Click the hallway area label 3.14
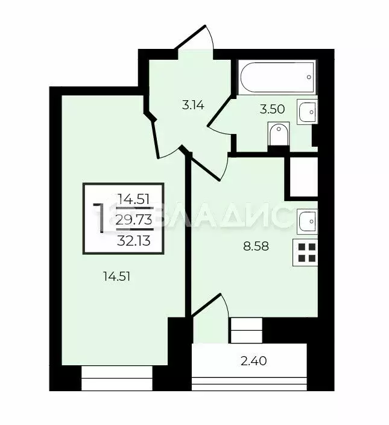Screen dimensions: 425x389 click(193, 105)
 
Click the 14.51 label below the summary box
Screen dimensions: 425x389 click(116, 276)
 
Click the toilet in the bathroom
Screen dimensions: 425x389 click(278, 135)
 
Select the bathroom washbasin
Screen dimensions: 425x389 click(308, 112)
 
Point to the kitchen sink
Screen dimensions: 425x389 click(306, 222)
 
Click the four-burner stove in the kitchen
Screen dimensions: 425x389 click(306, 252)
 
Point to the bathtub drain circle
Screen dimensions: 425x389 click(309, 77)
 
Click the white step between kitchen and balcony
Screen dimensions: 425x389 click(246, 331)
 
